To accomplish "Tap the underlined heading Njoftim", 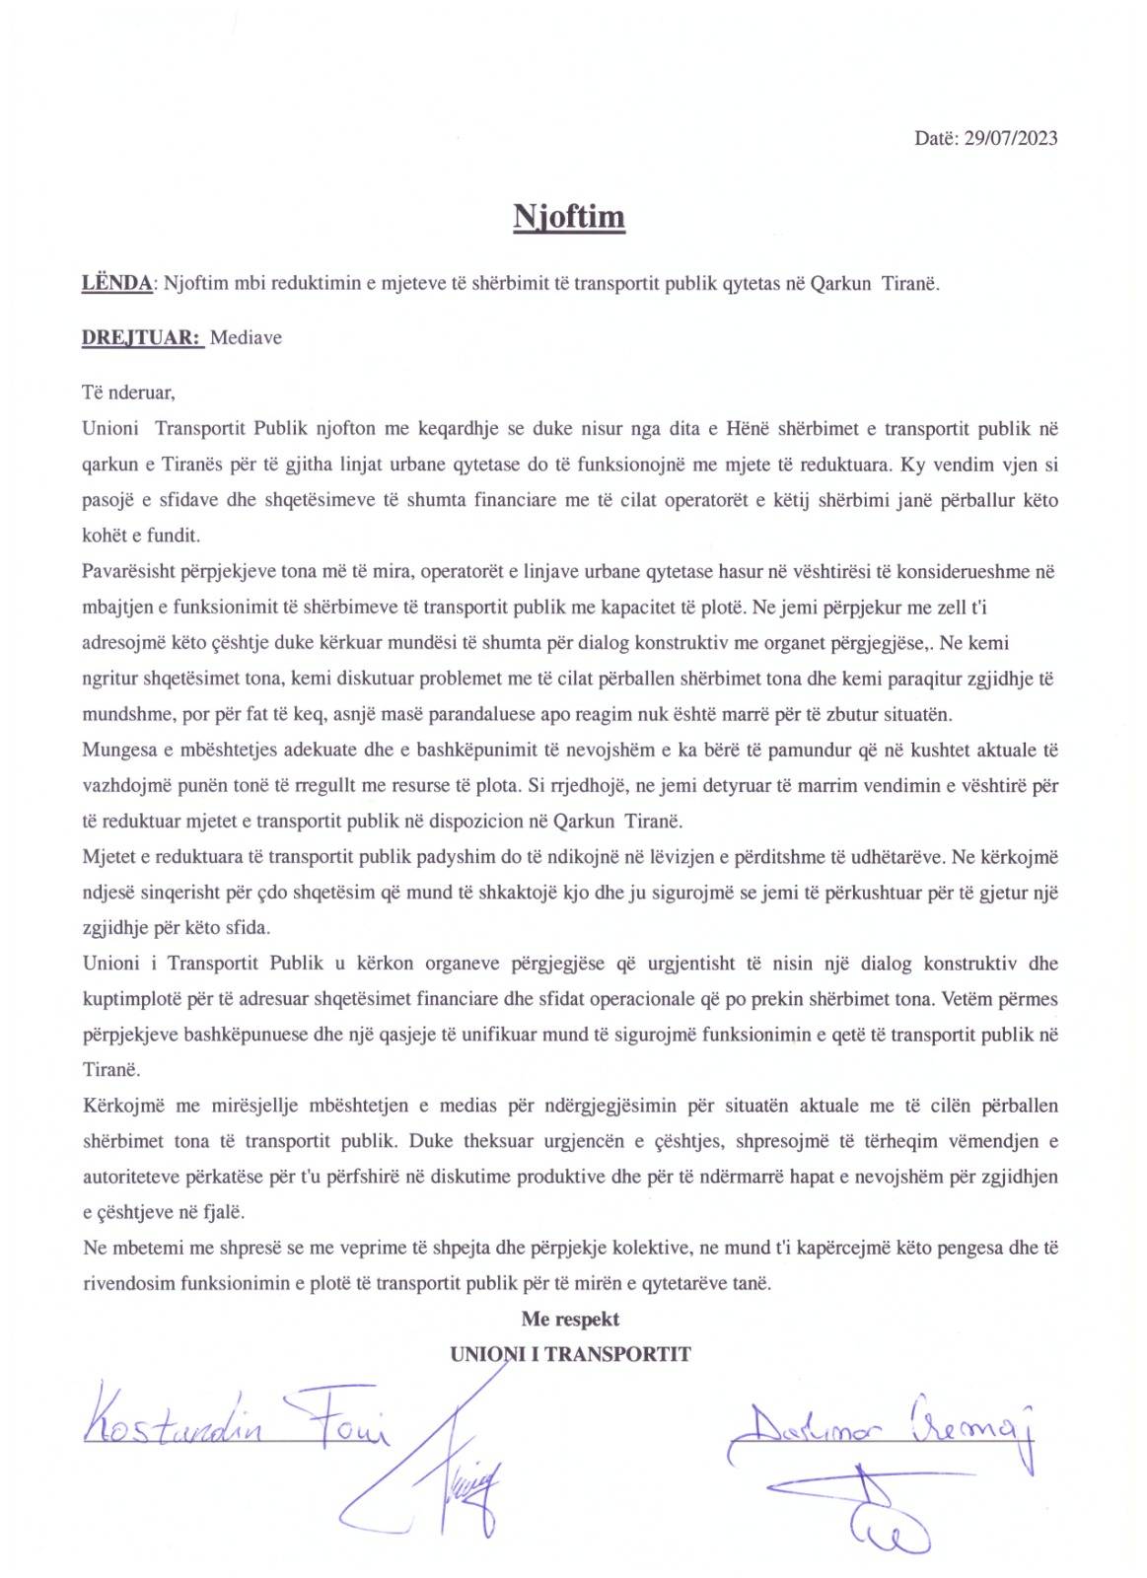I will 569,215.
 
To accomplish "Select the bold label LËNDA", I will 116,284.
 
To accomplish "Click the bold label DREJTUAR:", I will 142,338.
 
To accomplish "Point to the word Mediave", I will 247,338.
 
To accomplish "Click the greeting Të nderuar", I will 128,393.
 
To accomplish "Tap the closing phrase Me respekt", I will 570,1319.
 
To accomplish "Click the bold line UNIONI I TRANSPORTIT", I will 570,1354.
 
